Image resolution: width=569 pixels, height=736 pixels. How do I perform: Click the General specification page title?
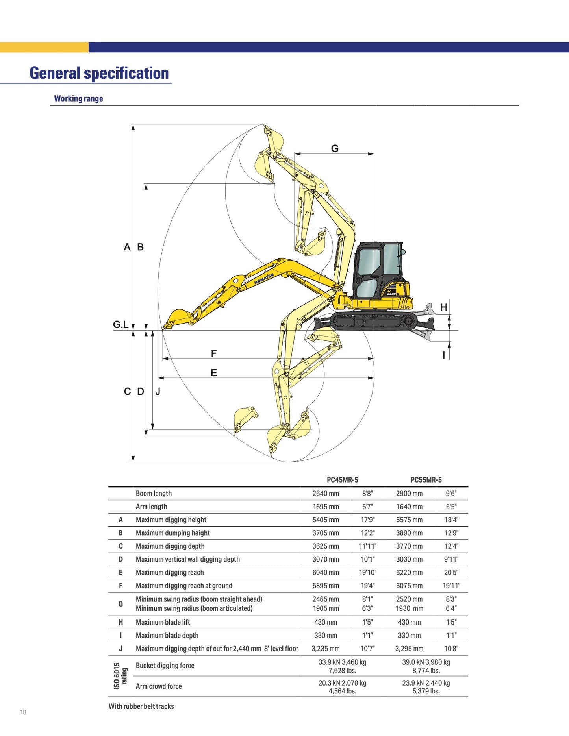tap(99, 73)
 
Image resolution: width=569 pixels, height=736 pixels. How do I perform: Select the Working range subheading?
tap(78, 98)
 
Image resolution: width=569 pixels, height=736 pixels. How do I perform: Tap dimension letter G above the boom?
tap(335, 148)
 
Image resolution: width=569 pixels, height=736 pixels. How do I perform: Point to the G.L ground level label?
tap(120, 325)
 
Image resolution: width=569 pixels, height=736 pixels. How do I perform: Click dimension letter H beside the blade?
tap(444, 307)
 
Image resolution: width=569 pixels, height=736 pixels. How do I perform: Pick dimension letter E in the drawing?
tap(214, 373)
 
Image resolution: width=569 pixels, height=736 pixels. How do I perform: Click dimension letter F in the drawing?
tap(214, 353)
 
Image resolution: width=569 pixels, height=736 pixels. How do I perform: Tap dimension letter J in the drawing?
tap(158, 392)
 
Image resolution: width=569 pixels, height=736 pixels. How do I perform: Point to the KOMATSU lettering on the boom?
tap(264, 279)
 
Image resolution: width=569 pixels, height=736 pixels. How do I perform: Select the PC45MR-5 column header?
tap(343, 480)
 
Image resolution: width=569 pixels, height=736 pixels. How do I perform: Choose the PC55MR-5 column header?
tap(426, 480)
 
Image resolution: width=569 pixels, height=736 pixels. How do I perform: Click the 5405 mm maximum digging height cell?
tap(326, 520)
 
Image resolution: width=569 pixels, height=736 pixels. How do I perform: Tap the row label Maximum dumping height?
tap(173, 533)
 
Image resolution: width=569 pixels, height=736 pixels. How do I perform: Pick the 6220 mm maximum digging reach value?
tap(409, 573)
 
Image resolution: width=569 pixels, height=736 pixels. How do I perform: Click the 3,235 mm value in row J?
tap(326, 649)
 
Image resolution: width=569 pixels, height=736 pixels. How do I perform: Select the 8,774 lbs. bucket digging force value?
tap(426, 671)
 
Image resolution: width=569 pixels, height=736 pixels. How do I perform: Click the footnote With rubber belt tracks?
tap(141, 706)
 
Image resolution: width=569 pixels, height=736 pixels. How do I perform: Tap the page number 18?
tap(23, 712)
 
